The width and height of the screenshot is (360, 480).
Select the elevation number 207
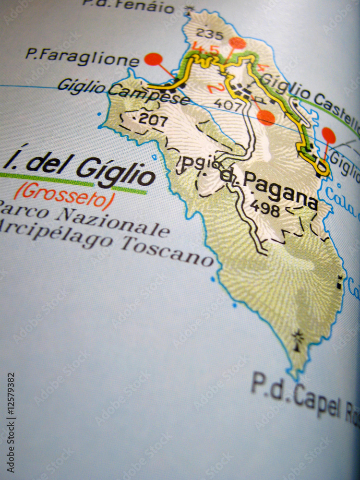click(153, 120)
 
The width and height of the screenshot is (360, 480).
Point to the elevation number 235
click(210, 35)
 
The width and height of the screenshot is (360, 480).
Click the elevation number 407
click(228, 103)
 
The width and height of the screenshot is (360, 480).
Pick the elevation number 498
click(264, 208)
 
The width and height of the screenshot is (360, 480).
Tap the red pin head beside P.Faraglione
click(153, 59)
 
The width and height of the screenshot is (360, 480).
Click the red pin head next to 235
click(237, 43)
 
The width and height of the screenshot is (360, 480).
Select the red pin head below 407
click(265, 118)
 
